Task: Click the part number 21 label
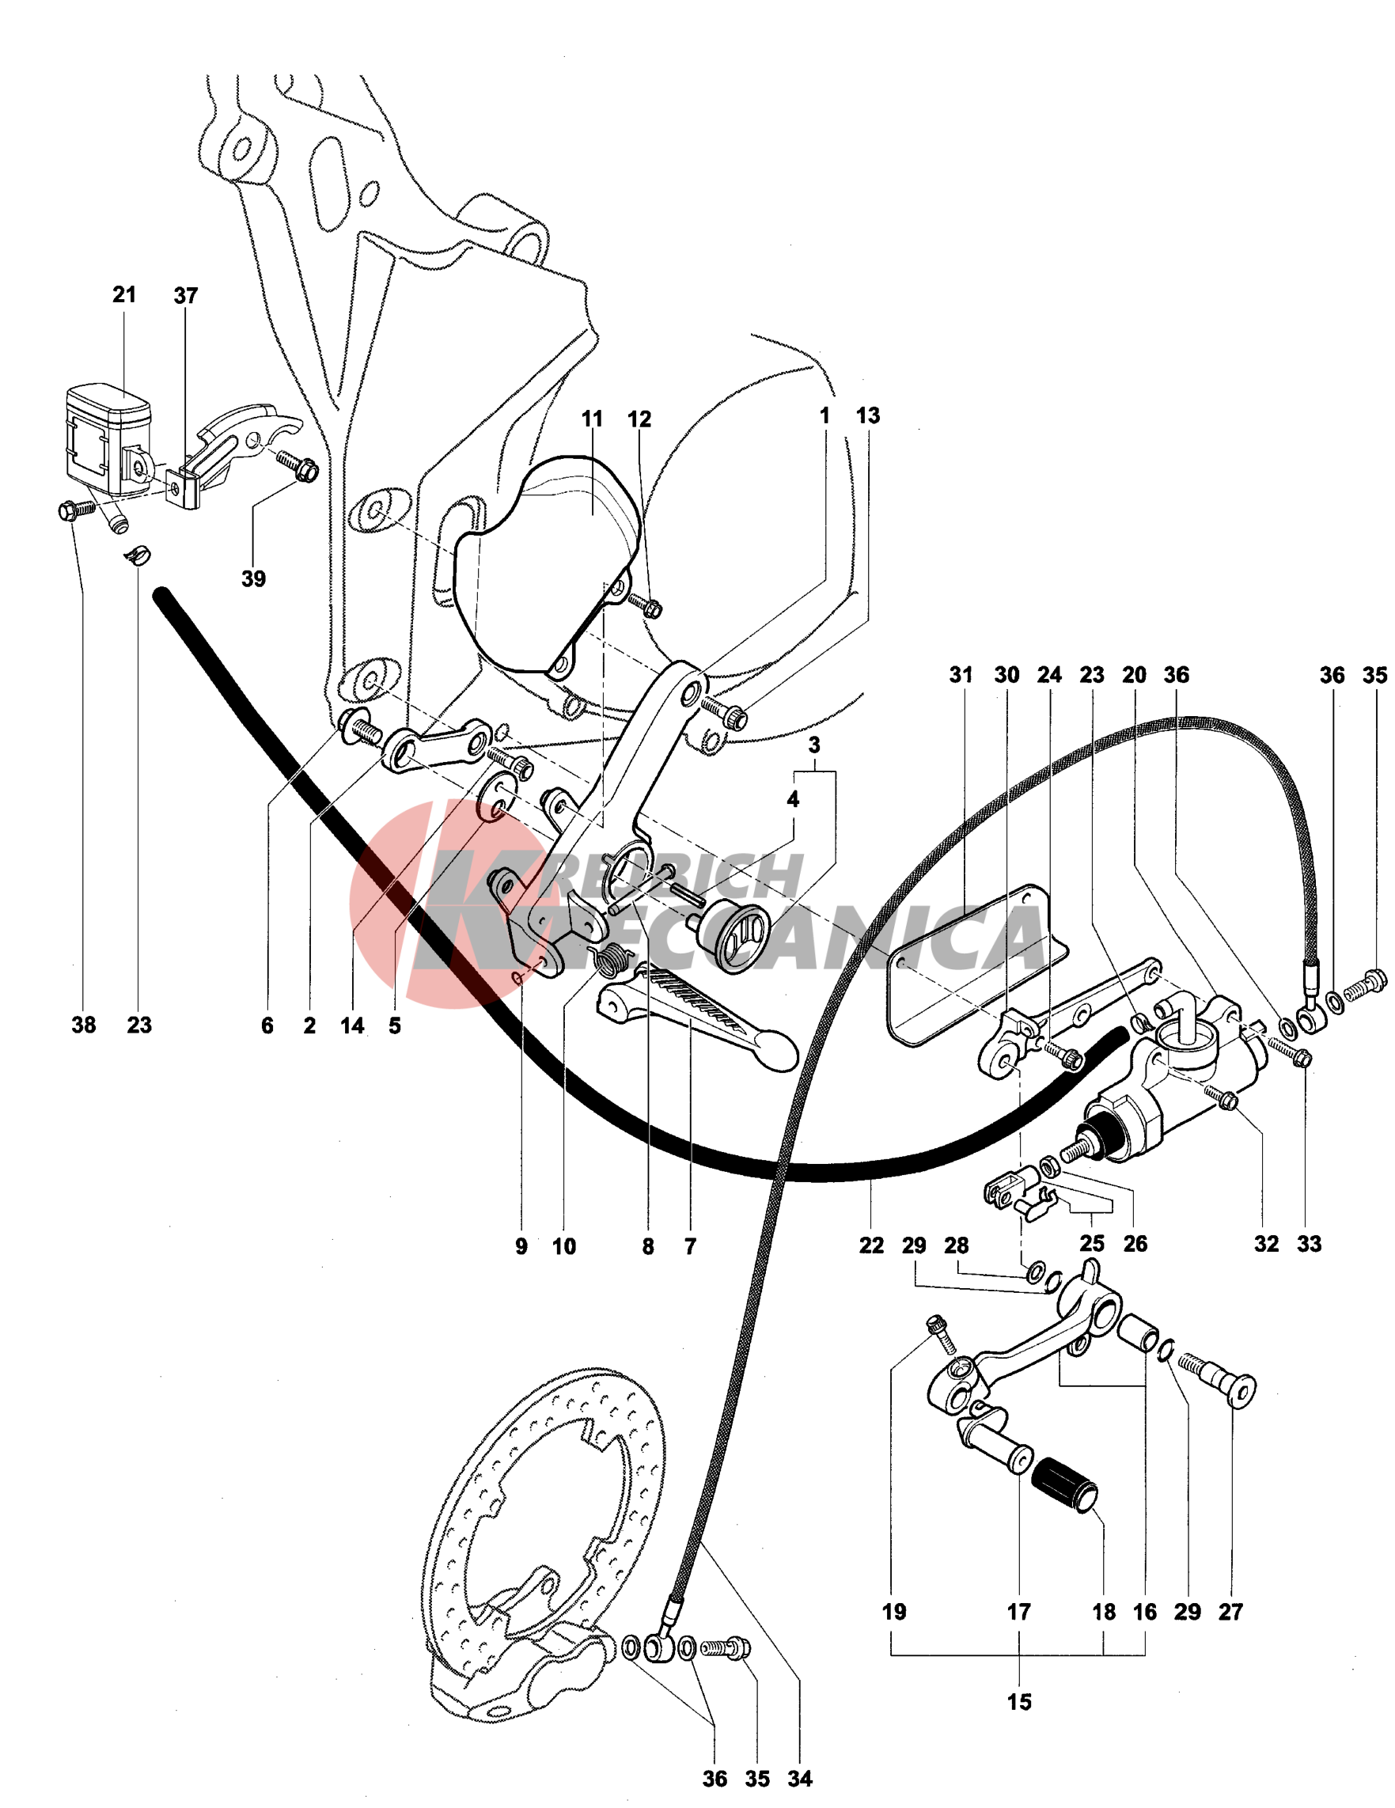pyautogui.click(x=124, y=294)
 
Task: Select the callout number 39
pyautogui.click(x=253, y=578)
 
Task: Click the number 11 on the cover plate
pyautogui.click(x=592, y=419)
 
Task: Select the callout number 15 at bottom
pyautogui.click(x=1019, y=1702)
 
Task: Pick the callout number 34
pyautogui.click(x=800, y=1778)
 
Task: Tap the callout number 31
pyautogui.click(x=961, y=675)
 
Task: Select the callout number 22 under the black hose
pyautogui.click(x=871, y=1245)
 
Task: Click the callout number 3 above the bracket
pyautogui.click(x=815, y=745)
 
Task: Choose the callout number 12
pyautogui.click(x=639, y=419)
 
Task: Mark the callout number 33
pyautogui.click(x=1309, y=1243)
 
